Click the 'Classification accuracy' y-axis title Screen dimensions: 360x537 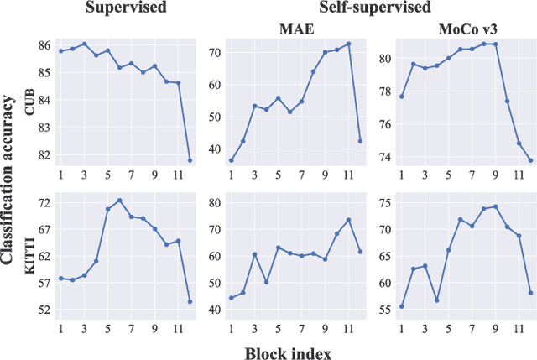click(9, 180)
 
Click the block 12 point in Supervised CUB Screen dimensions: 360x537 click(190, 159)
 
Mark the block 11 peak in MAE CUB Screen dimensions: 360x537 click(348, 44)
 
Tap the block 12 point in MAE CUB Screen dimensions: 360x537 click(360, 141)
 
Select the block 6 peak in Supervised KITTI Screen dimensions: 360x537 click(119, 201)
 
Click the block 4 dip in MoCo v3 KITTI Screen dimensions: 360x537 click(436, 300)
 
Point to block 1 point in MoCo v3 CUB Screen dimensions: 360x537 click(401, 97)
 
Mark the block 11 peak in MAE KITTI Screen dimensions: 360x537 click(348, 220)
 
